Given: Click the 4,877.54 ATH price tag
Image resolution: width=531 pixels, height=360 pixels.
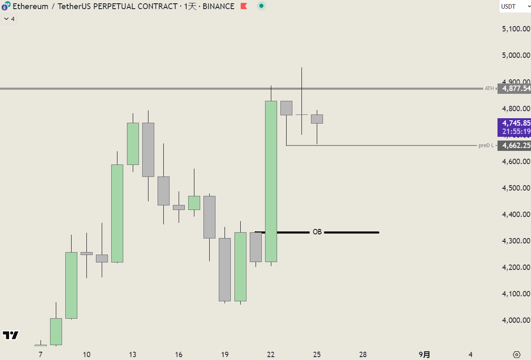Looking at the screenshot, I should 514,88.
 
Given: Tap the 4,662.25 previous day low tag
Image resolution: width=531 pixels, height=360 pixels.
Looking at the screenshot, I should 514,145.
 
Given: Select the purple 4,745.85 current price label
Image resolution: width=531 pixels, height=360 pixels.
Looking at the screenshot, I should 514,123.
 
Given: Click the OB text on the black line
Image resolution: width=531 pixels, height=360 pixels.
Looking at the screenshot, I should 317,232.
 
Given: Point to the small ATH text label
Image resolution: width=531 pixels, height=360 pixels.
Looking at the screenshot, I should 489,88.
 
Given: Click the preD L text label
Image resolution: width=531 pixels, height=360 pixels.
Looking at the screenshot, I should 486,145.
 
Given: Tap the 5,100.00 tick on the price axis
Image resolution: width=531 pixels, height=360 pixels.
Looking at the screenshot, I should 516,29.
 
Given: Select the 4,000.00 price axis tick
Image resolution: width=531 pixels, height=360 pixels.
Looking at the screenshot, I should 516,320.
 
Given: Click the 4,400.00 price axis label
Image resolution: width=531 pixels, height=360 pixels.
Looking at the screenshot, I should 516,215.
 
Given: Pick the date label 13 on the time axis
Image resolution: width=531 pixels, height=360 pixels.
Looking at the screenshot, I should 133,355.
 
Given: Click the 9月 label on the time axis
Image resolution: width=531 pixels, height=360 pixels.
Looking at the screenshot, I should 424,355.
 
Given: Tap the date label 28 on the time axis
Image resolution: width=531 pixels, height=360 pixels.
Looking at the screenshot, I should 363,355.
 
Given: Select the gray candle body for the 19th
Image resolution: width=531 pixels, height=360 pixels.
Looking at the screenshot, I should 225,269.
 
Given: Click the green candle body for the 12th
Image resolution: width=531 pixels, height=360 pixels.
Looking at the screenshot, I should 117,213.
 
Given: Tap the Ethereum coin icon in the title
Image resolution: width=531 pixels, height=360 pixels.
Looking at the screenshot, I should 6,6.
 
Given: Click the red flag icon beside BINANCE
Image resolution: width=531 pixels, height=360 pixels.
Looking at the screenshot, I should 244,6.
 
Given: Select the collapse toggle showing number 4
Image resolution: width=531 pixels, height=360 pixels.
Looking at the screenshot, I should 9,19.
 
